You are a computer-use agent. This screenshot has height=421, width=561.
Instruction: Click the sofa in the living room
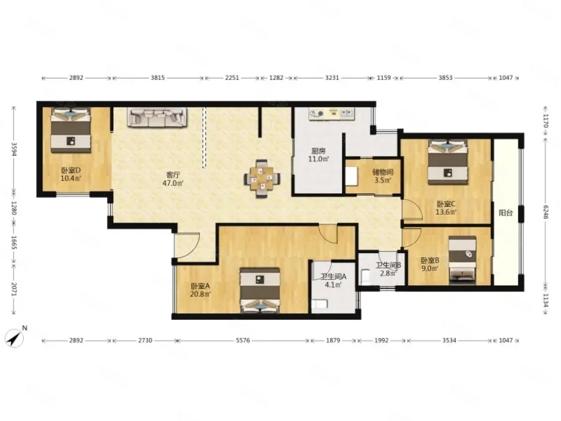157,117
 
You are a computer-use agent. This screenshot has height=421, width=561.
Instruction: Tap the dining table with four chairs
262,179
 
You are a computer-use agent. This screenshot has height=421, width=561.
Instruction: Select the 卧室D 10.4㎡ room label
71,174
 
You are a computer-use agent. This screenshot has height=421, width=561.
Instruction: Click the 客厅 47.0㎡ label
173,179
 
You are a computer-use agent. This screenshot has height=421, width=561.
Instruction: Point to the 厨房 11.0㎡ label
318,155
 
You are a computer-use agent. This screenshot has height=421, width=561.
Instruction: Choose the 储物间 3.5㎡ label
383,176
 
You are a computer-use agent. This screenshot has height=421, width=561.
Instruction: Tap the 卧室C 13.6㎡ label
446,208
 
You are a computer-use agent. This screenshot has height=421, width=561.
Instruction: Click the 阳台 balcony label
506,213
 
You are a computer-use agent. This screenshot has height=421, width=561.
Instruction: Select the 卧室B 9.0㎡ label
430,264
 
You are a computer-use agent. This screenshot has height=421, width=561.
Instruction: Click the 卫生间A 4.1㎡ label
333,280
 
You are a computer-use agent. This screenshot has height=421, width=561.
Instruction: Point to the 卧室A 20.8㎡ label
200,290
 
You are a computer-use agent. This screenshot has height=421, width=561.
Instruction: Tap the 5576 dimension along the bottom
242,341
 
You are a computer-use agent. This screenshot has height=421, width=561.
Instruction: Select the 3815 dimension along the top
157,78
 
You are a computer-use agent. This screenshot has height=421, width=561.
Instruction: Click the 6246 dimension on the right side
545,212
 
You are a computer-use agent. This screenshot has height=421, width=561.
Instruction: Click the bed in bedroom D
71,130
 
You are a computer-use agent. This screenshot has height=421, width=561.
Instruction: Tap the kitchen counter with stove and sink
332,114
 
